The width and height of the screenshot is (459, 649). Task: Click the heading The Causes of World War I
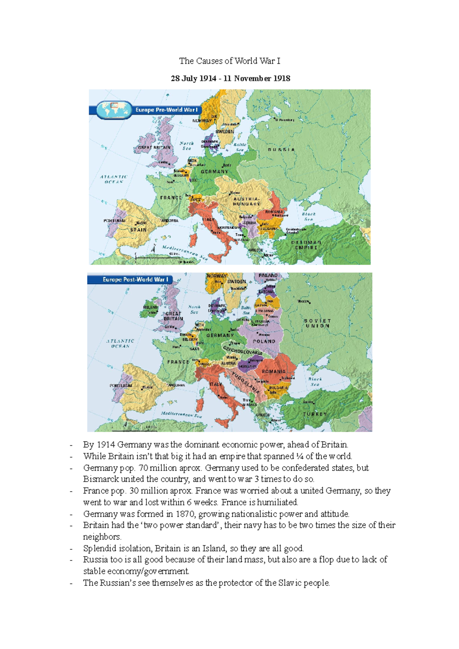pyautogui.click(x=229, y=61)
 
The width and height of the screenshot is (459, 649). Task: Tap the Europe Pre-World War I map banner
pyautogui.click(x=166, y=110)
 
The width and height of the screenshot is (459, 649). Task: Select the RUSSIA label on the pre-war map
pyautogui.click(x=282, y=149)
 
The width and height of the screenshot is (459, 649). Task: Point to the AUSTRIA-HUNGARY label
pyautogui.click(x=246, y=201)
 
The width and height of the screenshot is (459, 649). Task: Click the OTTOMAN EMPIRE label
pyautogui.click(x=306, y=245)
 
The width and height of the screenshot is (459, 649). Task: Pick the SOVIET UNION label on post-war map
pyautogui.click(x=317, y=323)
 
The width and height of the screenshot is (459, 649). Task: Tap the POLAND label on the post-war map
pyautogui.click(x=264, y=341)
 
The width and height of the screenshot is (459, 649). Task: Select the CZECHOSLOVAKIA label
pyautogui.click(x=243, y=350)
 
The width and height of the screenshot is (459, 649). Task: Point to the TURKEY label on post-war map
pyautogui.click(x=315, y=414)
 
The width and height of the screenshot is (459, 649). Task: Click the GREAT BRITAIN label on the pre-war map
pyautogui.click(x=154, y=148)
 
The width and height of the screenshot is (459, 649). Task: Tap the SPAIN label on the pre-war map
pyautogui.click(x=138, y=230)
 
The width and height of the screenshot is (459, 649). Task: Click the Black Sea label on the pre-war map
pyautogui.click(x=309, y=217)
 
